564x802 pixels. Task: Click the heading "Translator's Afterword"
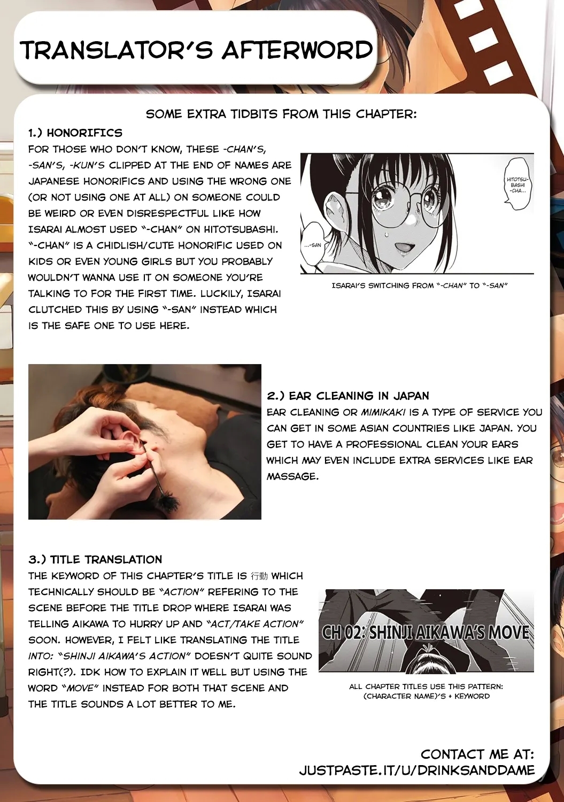click(196, 50)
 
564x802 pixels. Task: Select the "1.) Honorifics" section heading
click(75, 133)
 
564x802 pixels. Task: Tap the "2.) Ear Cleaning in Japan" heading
click(348, 396)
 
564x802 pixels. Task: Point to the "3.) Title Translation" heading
click(95, 559)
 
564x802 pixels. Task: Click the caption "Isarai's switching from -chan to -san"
click(419, 286)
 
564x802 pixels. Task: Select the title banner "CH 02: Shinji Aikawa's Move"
click(426, 632)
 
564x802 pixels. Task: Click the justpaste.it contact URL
click(416, 770)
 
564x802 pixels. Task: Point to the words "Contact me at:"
click(477, 754)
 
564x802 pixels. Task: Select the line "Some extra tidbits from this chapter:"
click(281, 114)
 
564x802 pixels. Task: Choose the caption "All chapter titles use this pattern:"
click(426, 686)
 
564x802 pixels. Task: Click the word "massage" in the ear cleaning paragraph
click(292, 476)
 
